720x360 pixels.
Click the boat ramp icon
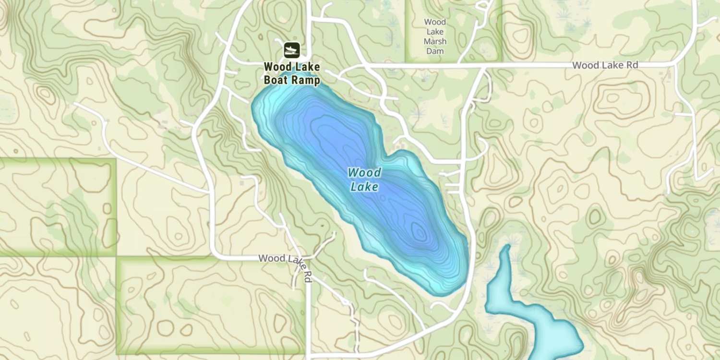click(291, 49)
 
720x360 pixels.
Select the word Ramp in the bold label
click(305, 81)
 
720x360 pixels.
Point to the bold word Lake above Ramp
click(307, 67)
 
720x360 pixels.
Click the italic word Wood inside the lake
click(364, 172)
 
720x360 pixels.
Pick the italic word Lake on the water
click(364, 187)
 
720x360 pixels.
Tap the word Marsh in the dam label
click(435, 41)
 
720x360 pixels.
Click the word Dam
click(435, 51)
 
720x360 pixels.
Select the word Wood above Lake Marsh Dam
click(435, 22)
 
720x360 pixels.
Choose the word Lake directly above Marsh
click(435, 32)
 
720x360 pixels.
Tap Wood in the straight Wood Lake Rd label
click(585, 65)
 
